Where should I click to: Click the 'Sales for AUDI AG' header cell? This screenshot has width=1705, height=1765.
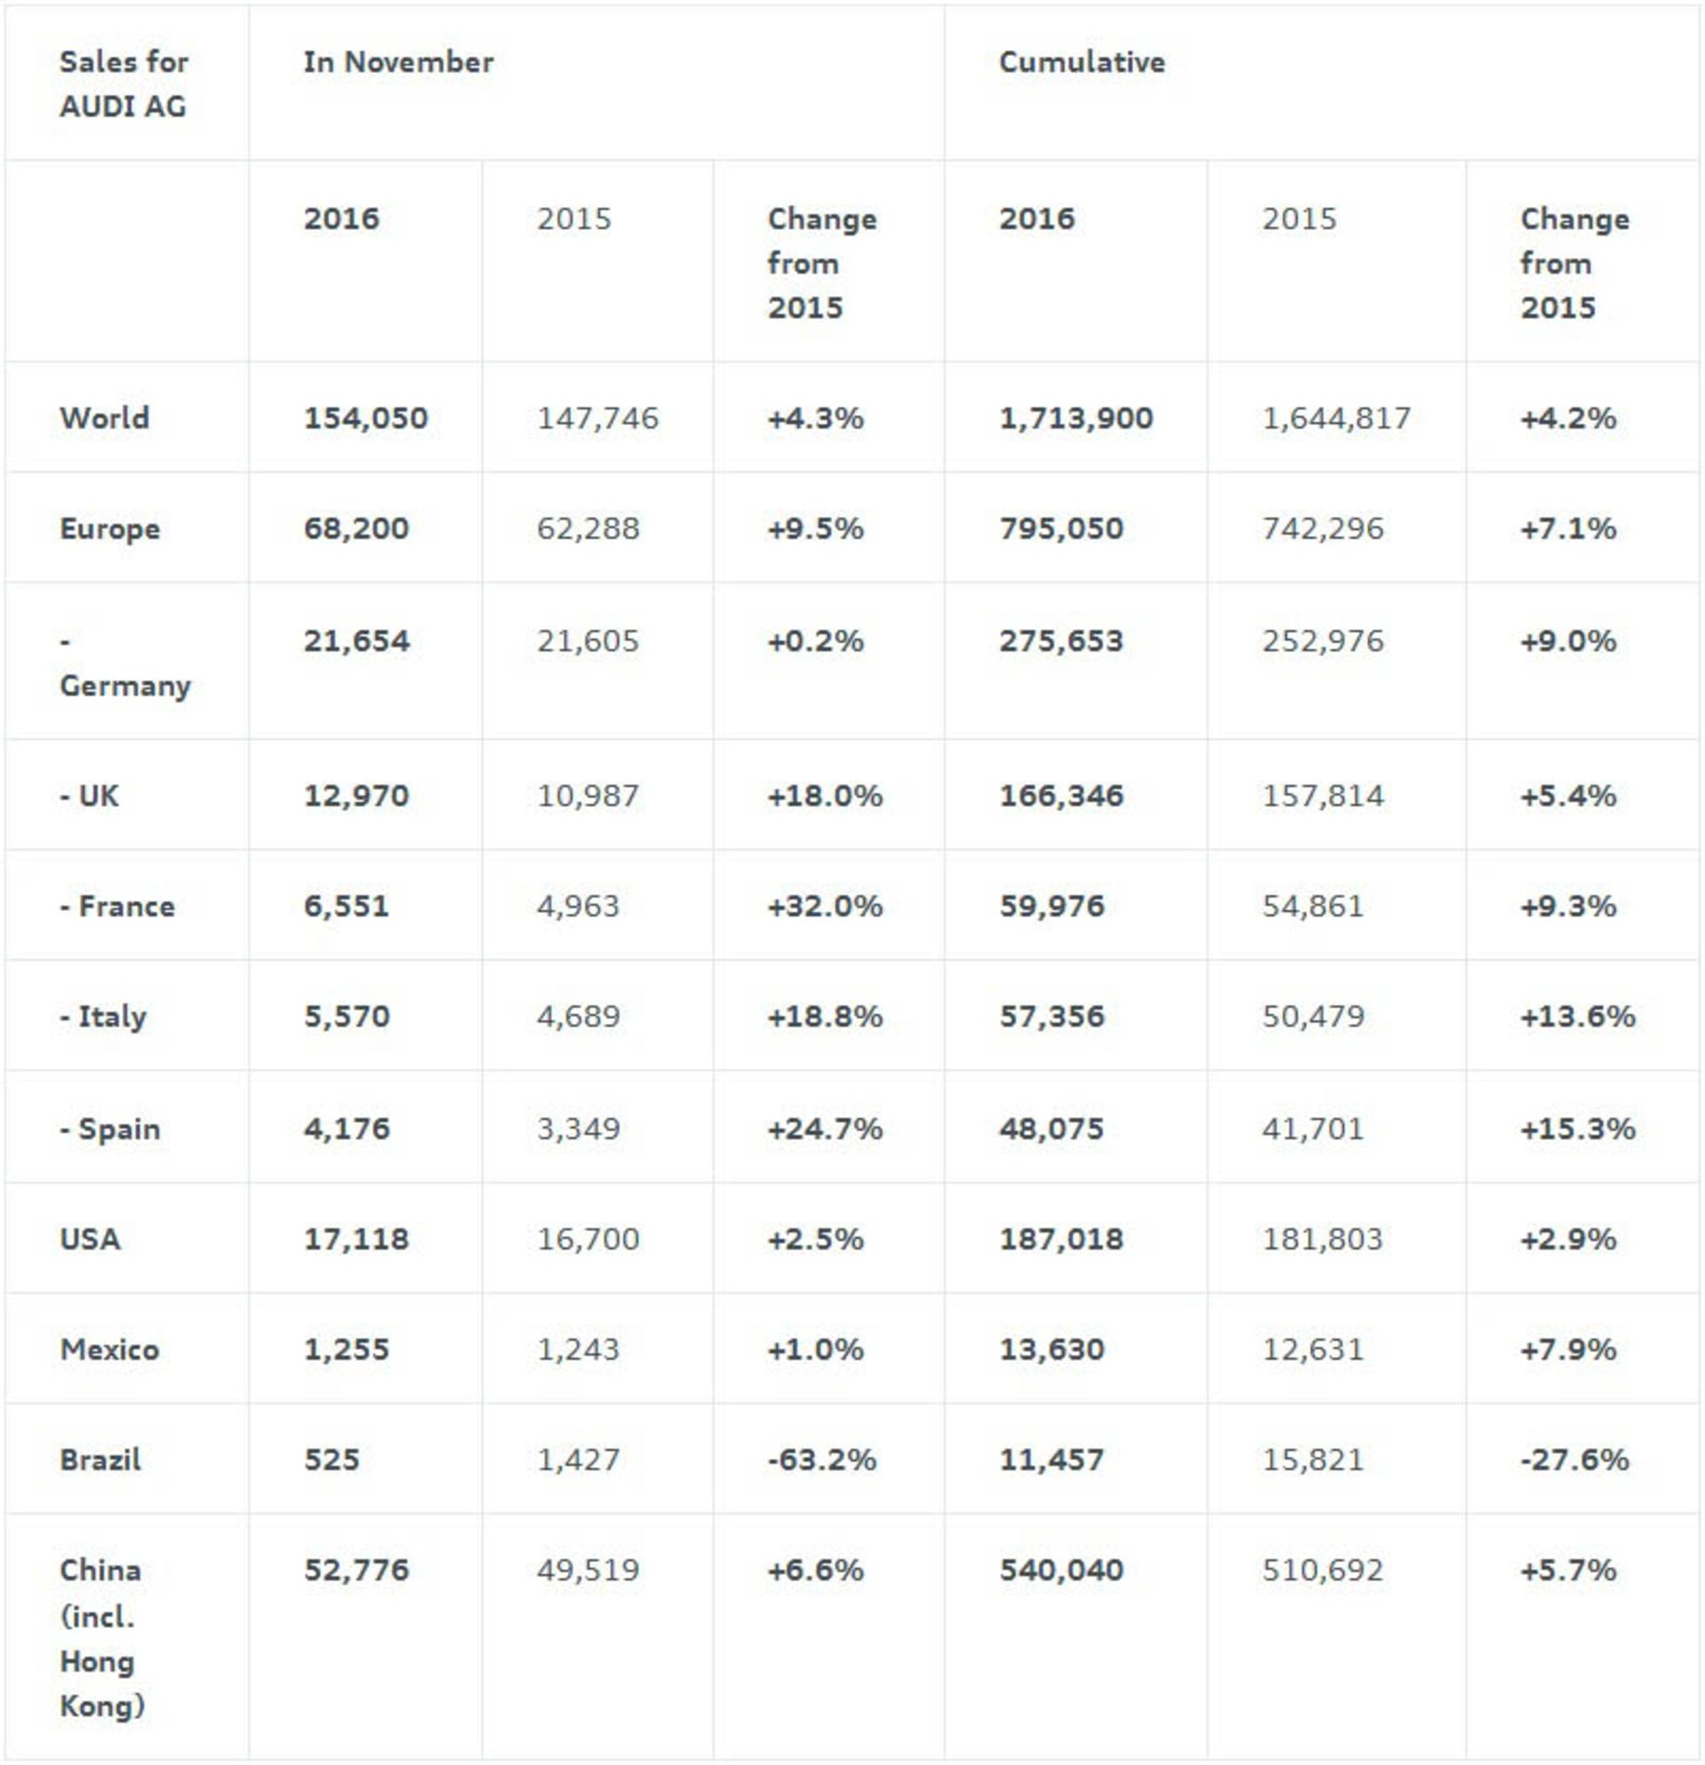point(123,83)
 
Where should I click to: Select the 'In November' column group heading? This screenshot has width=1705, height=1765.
point(398,62)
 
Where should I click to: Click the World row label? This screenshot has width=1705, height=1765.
point(105,417)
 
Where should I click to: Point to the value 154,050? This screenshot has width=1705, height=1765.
point(366,417)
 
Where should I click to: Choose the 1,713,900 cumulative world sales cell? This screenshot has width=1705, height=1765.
point(1075,417)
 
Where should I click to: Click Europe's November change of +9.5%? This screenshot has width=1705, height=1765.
point(814,529)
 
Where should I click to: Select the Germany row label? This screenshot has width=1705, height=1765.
point(124,664)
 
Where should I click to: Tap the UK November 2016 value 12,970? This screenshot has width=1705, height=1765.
point(356,796)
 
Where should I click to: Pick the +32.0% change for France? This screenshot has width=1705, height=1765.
point(825,906)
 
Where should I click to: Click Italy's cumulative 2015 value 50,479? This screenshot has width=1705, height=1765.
point(1312,1017)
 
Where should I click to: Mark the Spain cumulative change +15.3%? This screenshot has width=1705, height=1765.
point(1577,1129)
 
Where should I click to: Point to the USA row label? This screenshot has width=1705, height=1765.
point(90,1239)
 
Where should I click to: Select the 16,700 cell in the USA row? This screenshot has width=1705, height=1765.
point(588,1239)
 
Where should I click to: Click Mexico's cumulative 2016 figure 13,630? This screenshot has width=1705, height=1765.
point(1051,1350)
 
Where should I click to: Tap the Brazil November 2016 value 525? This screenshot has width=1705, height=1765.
point(331,1459)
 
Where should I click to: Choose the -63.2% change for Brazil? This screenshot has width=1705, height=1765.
point(821,1459)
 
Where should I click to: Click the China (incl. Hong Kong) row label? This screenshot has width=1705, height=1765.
point(102,1638)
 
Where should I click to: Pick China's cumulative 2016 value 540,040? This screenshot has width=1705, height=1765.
point(1061,1570)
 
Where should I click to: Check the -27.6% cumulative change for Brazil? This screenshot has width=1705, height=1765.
point(1574,1459)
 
